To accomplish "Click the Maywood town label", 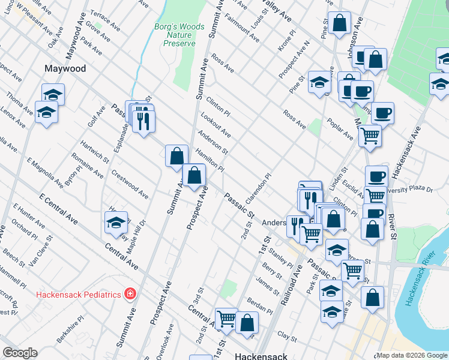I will pos(65,69).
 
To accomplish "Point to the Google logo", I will pos(20,353).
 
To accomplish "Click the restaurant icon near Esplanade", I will pos(143,120).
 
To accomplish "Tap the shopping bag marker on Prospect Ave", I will pos(194,176).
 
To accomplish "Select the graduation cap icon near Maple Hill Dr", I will pos(116,223).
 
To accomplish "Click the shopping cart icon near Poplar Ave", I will pos(370,135).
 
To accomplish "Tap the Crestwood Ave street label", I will pos(130,184).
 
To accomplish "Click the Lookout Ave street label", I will pos(216,124).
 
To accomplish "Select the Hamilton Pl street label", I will pos(209,160).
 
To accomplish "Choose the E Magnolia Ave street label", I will pos(45,172).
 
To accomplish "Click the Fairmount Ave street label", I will pos(242,28).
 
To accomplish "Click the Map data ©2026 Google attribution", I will pos(412,355).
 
